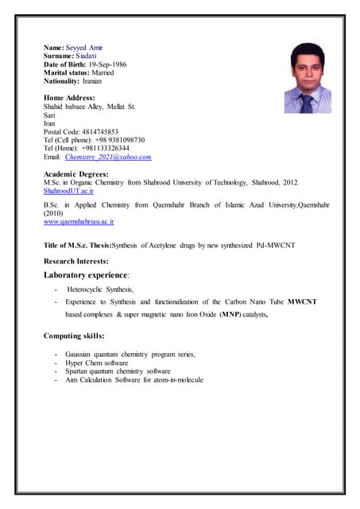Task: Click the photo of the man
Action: tap(308, 77)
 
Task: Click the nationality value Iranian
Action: tap(92, 81)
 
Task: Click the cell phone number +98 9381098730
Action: tap(119, 140)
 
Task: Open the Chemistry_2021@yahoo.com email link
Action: tap(108, 157)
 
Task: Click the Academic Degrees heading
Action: tap(76, 173)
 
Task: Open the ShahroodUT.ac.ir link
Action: tap(68, 191)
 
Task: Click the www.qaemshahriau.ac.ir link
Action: tap(78, 222)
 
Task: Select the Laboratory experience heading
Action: tap(86, 275)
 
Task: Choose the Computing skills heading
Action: tap(74, 336)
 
